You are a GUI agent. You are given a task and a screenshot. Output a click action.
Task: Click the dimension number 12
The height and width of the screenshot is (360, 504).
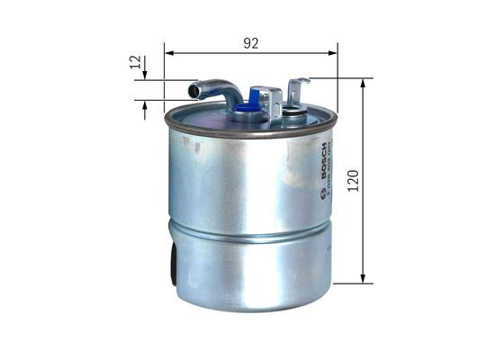click(x=136, y=63)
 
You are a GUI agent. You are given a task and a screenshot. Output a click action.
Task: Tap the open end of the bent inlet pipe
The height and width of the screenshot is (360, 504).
click(x=193, y=90)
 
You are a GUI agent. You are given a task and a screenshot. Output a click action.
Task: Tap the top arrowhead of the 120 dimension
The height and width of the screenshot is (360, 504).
click(x=364, y=84)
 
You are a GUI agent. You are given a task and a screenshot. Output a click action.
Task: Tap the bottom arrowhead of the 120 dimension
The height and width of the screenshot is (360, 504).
click(x=364, y=278)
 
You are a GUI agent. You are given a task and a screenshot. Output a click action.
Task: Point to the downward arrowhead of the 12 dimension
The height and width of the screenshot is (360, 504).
click(x=145, y=75)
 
